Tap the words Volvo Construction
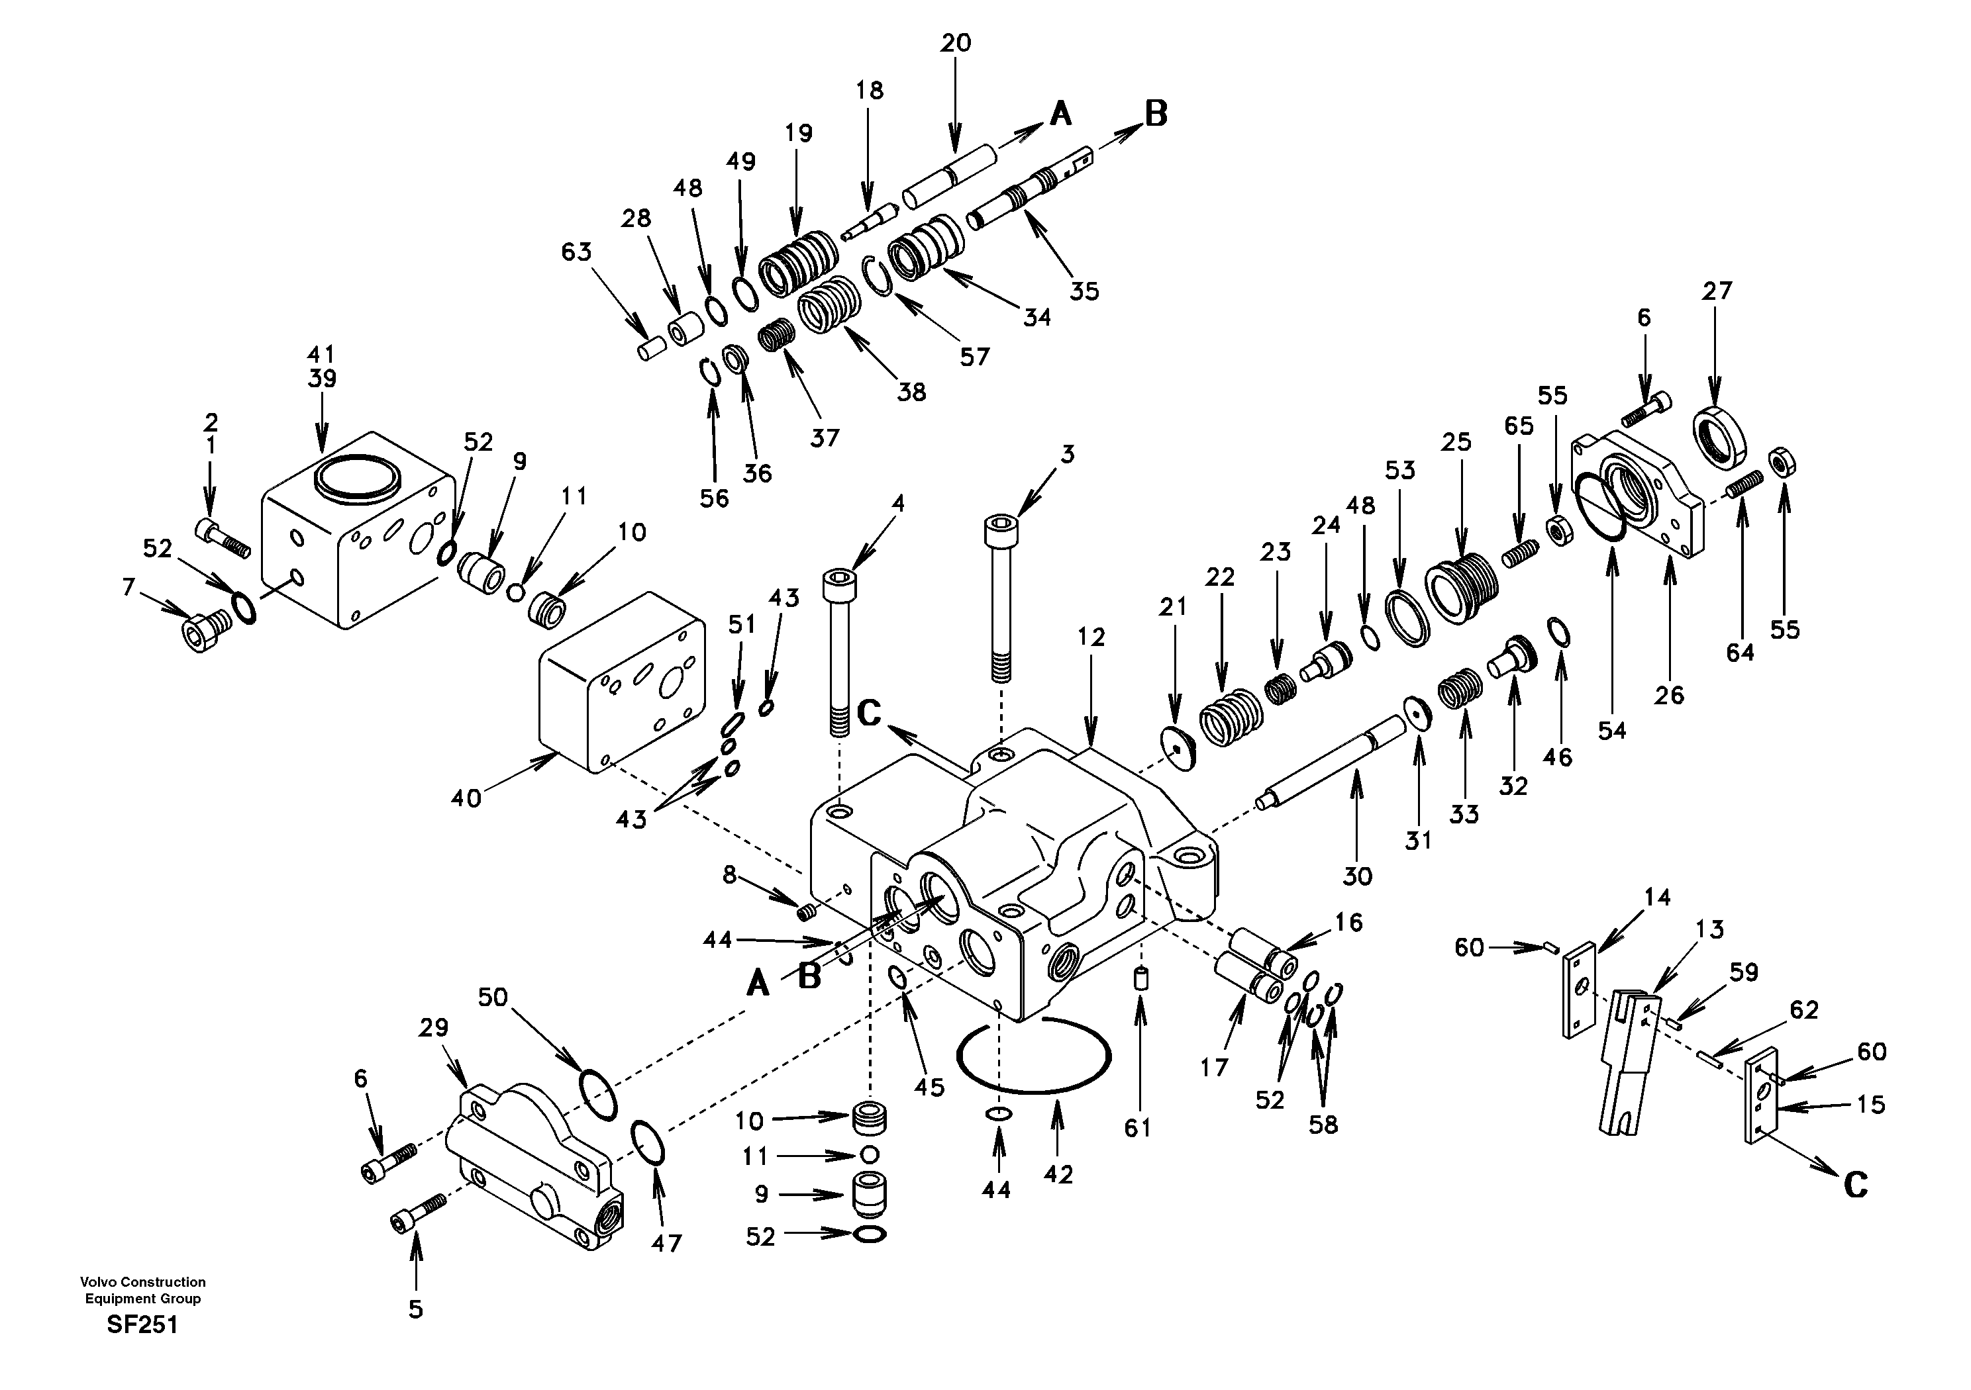pos(142,1282)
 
